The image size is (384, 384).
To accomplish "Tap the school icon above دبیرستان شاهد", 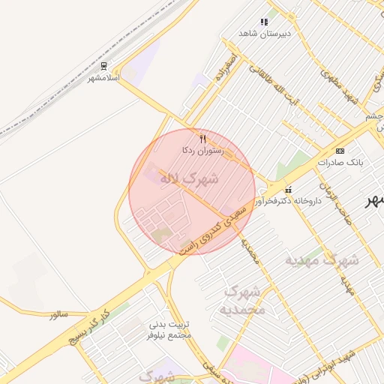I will [263, 22].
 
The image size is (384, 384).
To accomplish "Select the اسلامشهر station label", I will [104, 78].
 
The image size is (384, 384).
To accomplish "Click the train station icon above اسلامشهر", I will [103, 67].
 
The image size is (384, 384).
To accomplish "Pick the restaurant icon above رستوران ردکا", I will [202, 139].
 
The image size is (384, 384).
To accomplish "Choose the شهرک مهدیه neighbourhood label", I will [322, 259].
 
